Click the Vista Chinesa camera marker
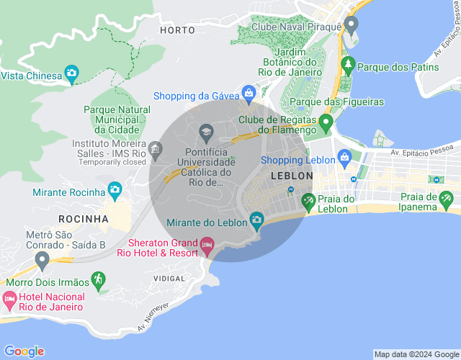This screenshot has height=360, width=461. tap(71, 73)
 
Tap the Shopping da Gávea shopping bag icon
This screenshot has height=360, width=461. tap(249, 93)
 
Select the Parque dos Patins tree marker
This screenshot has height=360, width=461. tap(349, 66)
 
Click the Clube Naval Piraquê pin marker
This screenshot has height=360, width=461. tap(351, 27)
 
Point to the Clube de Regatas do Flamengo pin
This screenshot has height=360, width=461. tap(326, 122)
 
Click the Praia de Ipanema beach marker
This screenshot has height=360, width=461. tap(447, 198)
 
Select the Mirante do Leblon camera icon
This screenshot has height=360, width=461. tap(256, 220)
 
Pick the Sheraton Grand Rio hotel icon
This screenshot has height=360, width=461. tap(207, 246)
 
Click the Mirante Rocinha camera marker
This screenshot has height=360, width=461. tap(114, 191)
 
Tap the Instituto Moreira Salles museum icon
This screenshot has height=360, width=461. tap(156, 148)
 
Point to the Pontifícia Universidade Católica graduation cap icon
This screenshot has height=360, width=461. tap(206, 132)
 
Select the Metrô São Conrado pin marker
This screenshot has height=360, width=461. tap(42, 259)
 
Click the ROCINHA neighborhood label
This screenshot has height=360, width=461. tap(84, 218)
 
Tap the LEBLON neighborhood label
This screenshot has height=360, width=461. tap(292, 176)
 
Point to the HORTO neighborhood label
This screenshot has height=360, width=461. tap(178, 30)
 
